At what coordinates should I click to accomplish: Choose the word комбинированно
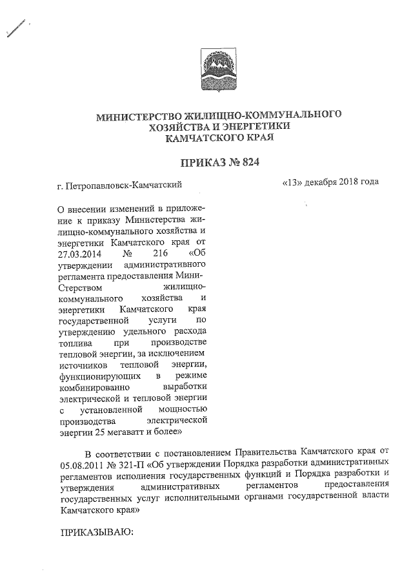(94, 387)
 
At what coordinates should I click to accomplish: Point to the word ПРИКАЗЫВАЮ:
(95, 533)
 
